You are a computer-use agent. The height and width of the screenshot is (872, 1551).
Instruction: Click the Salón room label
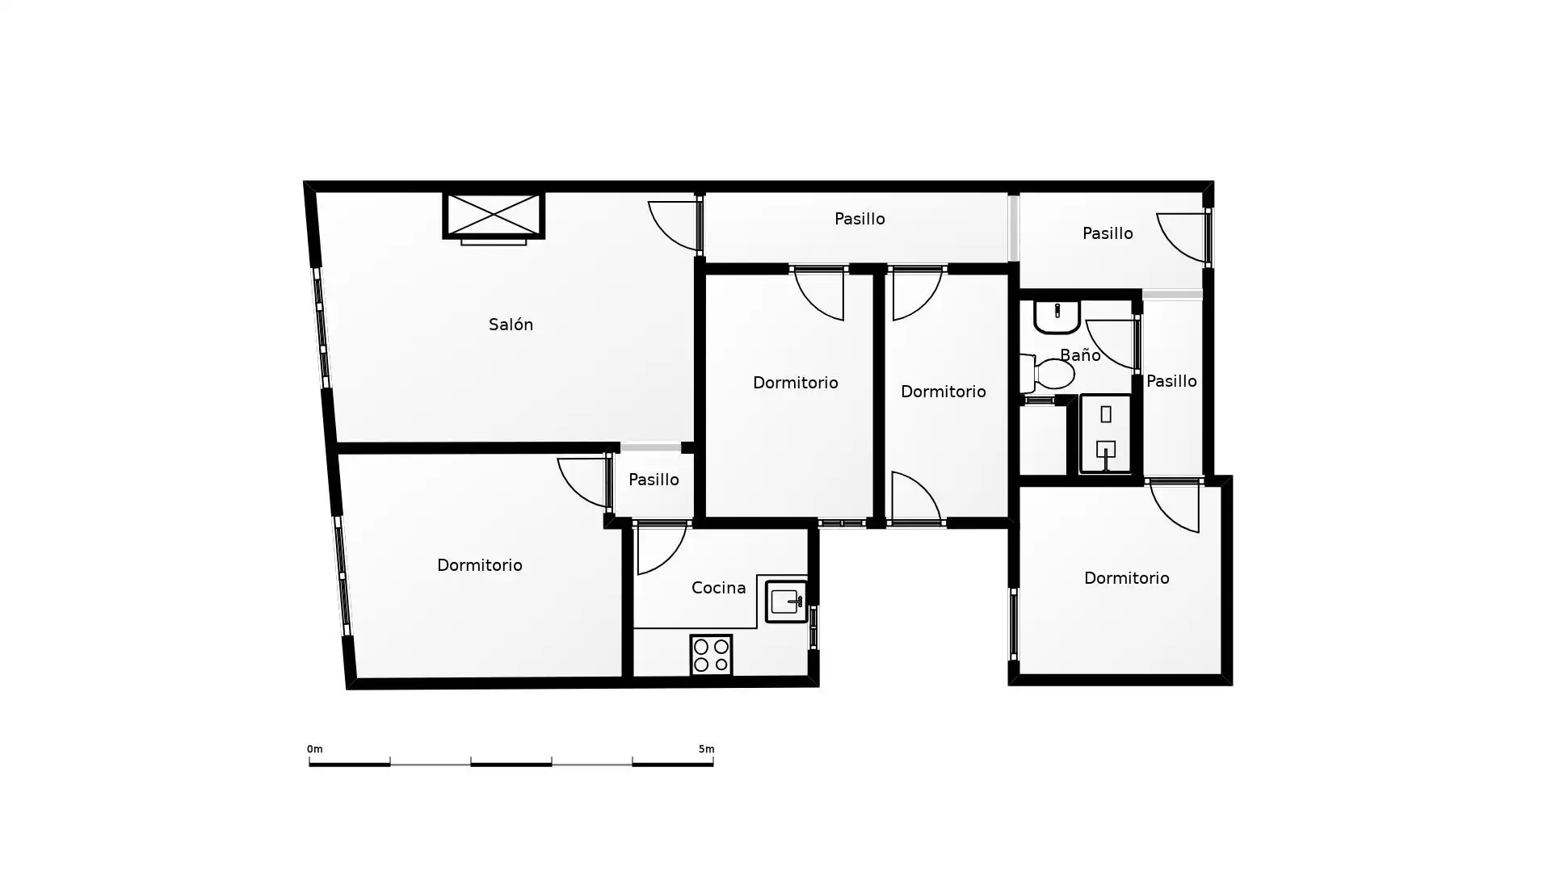511,325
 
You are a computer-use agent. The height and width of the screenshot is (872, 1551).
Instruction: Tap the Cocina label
718,588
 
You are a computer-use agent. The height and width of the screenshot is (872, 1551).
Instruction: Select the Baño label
1080,354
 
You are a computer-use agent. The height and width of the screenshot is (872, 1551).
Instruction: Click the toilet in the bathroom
1048,374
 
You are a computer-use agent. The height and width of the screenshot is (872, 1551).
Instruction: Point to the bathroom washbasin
1057,317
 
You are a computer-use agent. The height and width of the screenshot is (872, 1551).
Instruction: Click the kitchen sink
786,602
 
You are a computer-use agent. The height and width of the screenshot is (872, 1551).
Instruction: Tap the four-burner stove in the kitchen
711,655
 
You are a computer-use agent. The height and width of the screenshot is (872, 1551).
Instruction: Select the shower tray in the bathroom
1105,434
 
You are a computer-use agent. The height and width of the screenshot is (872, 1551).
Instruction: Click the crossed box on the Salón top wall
494,216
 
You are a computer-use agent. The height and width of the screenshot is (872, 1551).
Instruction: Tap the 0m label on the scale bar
315,749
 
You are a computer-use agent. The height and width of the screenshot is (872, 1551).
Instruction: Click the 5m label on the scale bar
707,749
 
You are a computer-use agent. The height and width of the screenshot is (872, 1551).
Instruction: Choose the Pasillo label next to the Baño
1171,381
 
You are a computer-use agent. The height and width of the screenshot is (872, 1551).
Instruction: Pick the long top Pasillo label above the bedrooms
860,219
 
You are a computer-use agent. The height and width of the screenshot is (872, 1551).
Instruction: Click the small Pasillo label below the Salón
654,480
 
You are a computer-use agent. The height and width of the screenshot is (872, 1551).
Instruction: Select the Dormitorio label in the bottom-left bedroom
480,565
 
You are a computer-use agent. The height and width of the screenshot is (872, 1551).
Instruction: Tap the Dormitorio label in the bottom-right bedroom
1127,578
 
